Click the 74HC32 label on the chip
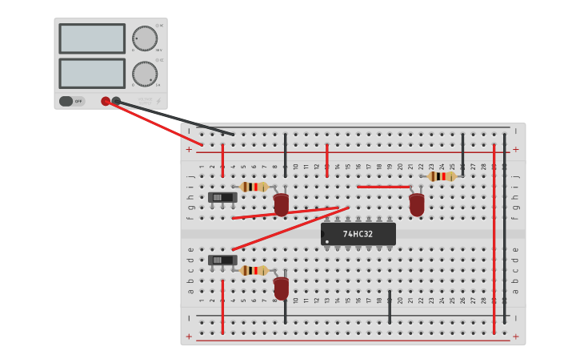[358, 234]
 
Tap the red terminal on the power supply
[106, 101]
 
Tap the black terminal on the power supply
[117, 101]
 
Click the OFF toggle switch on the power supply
[71, 101]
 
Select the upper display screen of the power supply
[92, 38]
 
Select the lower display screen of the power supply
[92, 74]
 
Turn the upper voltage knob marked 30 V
[145, 38]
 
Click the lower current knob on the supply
[145, 74]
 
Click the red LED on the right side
[417, 204]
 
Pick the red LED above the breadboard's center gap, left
[281, 204]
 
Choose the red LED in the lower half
[281, 287]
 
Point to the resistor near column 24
[441, 176]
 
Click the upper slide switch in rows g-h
[222, 197]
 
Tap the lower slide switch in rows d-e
[222, 260]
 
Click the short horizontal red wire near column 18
[383, 187]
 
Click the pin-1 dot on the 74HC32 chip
[327, 241]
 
